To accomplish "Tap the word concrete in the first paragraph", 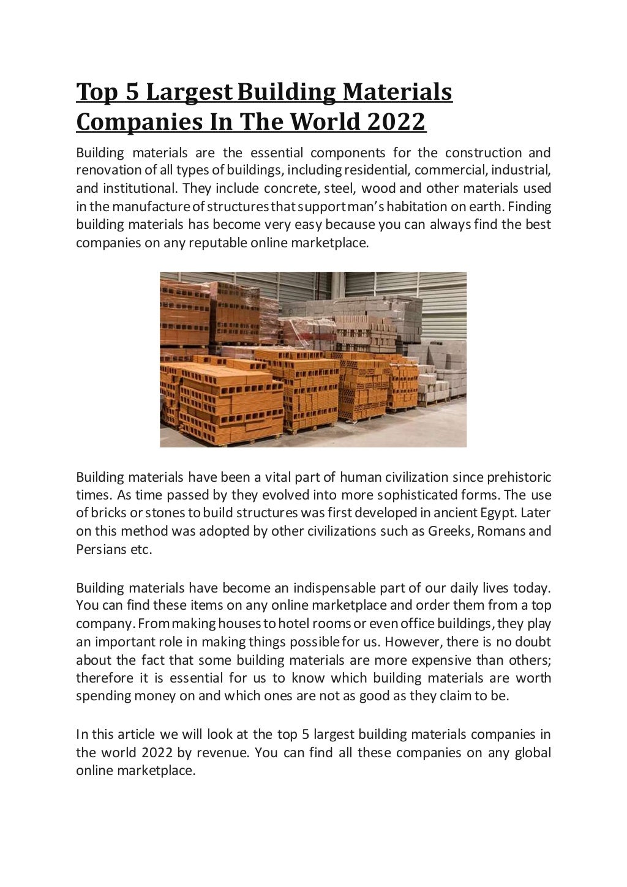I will click(x=290, y=188).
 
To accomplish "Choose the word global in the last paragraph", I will click(x=531, y=752).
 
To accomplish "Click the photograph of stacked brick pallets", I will click(x=313, y=359).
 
